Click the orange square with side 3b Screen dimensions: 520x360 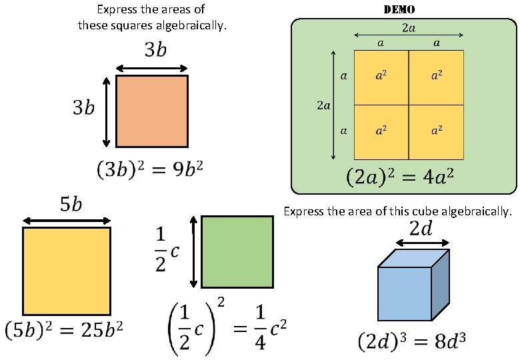tap(152, 111)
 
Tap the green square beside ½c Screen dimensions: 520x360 tap(237, 251)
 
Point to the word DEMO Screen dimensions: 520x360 tap(399, 10)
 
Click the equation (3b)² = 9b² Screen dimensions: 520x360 tap(149, 172)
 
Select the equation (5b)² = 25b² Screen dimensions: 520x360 tap(64, 329)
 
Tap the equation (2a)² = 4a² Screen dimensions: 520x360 tap(400, 178)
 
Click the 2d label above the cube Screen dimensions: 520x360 tap(421, 229)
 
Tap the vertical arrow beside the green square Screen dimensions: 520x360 tap(193, 251)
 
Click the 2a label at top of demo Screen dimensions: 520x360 tap(409, 28)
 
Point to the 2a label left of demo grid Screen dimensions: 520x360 tap(323, 105)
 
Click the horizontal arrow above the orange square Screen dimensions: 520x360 tap(152, 67)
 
